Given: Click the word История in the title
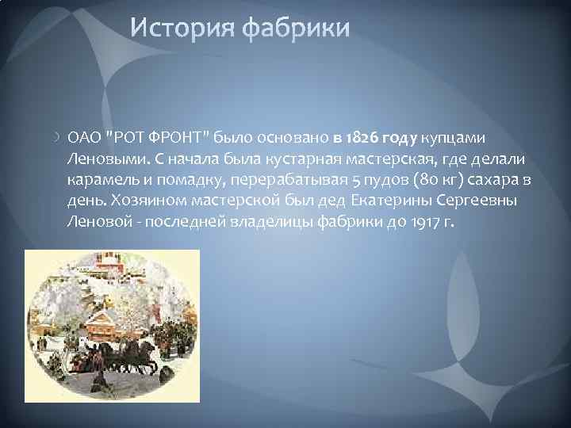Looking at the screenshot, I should coord(184,30).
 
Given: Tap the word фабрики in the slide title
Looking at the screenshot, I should coord(296,30).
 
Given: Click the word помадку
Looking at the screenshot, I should coord(175,180).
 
